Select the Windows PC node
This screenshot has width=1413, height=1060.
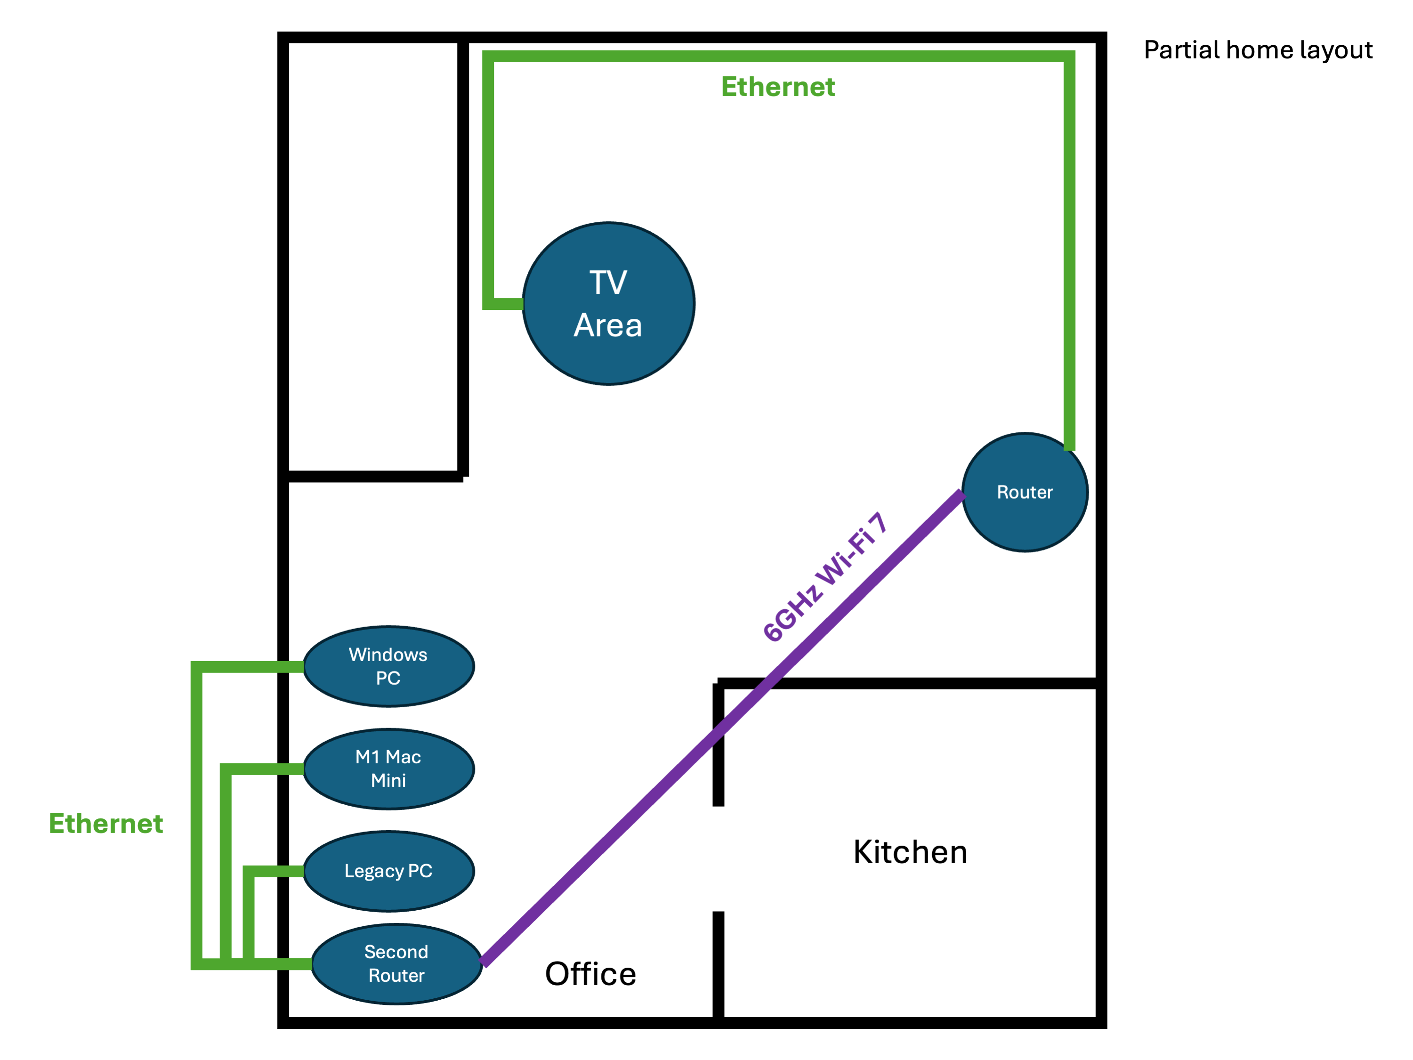[x=388, y=666]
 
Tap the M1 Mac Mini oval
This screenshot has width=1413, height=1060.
[x=388, y=769]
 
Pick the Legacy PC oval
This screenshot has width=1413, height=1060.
[x=388, y=871]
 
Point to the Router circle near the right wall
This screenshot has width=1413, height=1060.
[x=1025, y=492]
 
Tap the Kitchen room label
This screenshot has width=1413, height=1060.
[x=910, y=852]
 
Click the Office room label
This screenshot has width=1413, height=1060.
[x=590, y=974]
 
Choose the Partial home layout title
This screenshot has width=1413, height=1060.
[x=1258, y=50]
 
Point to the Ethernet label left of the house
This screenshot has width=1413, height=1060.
[x=106, y=824]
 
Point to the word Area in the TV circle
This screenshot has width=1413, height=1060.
[x=607, y=326]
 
